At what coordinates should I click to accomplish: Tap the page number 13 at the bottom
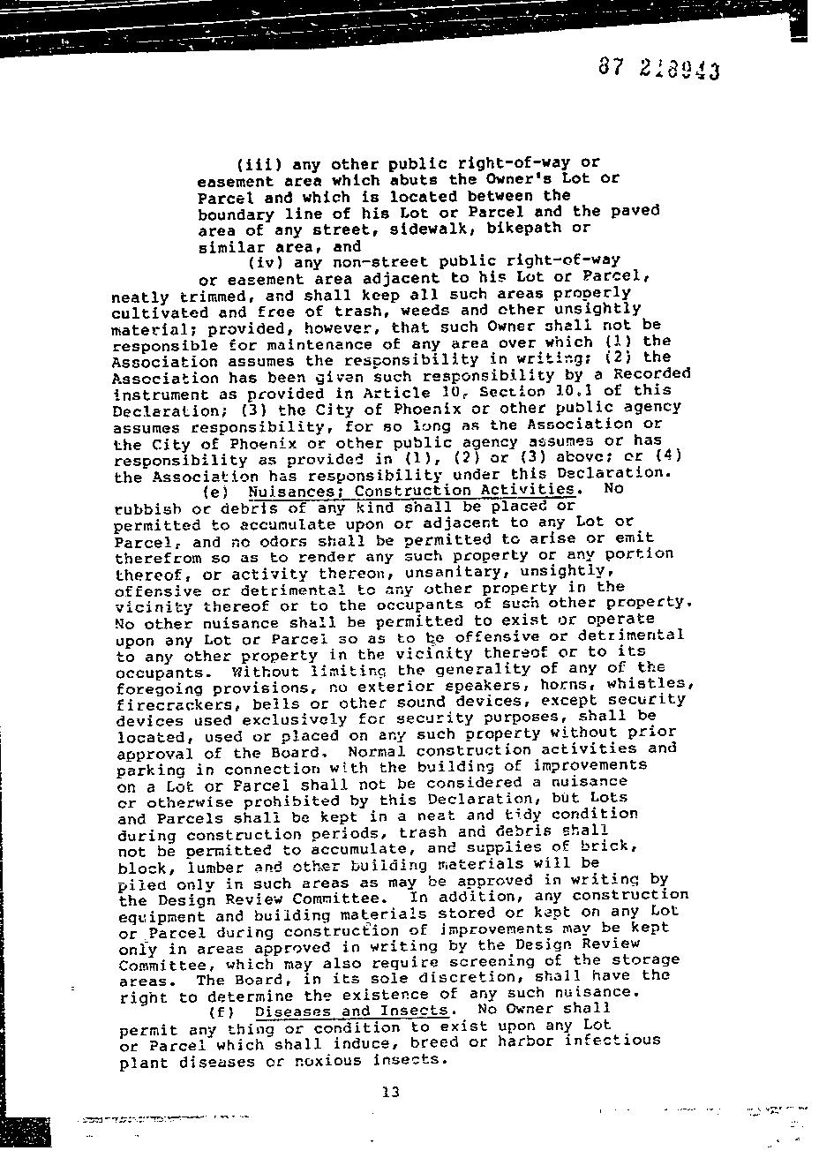pos(391,1092)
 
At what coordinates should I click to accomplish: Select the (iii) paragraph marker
pos(260,164)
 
